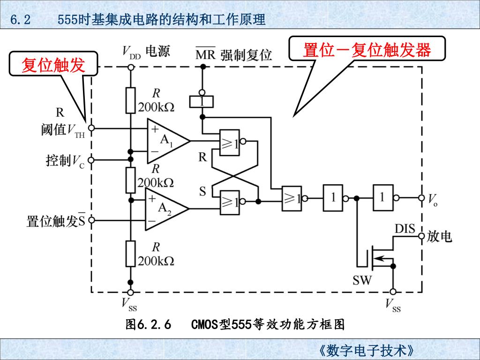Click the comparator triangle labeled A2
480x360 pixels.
(x=164, y=209)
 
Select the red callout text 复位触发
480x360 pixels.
(x=53, y=65)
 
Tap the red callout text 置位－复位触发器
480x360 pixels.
(x=367, y=49)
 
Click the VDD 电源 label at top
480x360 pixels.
(x=146, y=51)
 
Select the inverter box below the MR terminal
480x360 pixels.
(x=202, y=101)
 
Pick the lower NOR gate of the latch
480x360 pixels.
(x=230, y=202)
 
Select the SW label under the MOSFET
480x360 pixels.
(x=362, y=280)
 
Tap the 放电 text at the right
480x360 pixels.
(x=439, y=237)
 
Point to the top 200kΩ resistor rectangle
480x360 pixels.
(x=131, y=100)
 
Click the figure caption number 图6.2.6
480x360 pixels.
(x=149, y=324)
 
